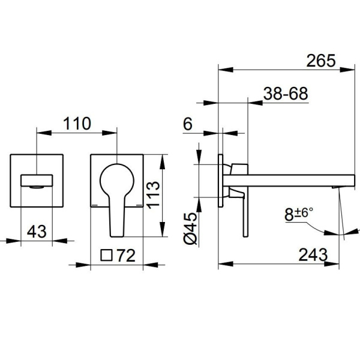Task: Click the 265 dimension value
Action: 321,61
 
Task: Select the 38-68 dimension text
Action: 286,94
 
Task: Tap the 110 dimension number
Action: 77,124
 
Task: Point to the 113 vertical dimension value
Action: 153,195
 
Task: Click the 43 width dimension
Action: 37,232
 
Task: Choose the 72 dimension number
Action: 126,256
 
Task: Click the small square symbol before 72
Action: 106,256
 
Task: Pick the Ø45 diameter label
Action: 191,228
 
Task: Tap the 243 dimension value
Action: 313,255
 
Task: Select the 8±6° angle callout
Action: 299,214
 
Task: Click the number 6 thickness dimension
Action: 188,124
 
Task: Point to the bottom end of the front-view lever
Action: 117,236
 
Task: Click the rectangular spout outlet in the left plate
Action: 37,181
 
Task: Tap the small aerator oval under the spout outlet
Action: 36,187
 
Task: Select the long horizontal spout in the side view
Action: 289,181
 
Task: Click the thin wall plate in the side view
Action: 220,181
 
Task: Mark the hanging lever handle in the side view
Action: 245,214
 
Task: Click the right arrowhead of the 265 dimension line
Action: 347,70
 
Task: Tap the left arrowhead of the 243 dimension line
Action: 226,264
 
